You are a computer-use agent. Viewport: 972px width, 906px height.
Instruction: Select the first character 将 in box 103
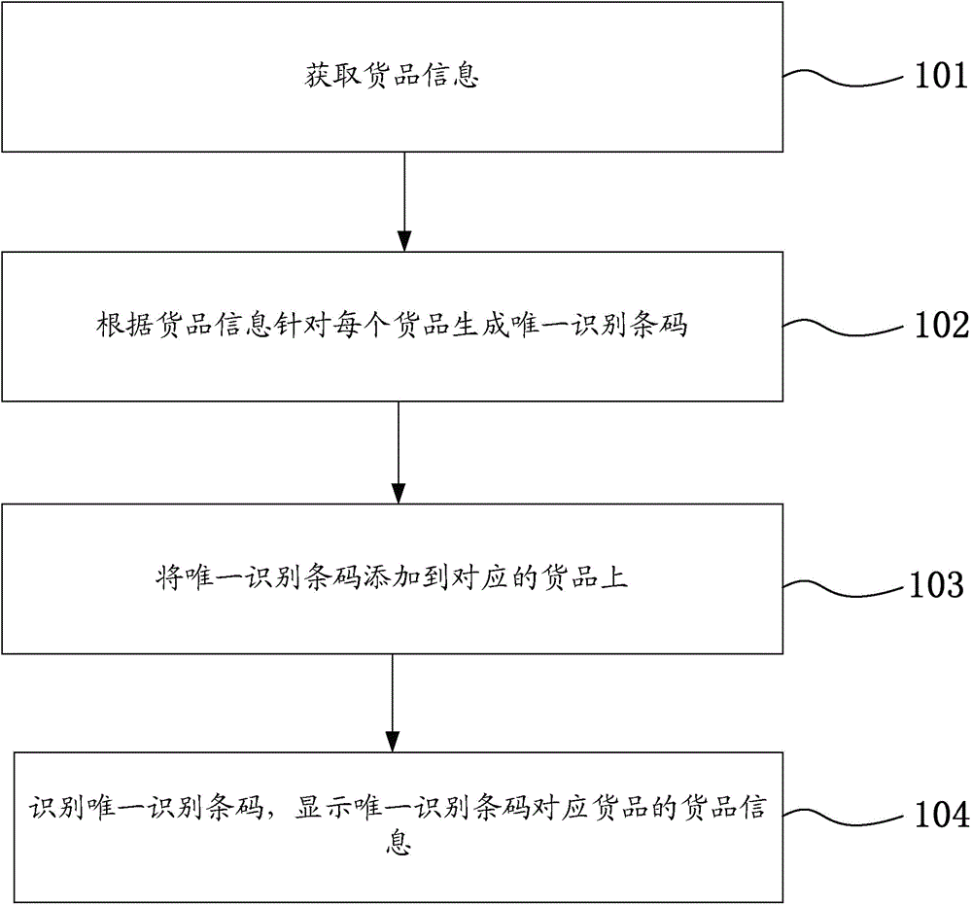[x=167, y=578]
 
